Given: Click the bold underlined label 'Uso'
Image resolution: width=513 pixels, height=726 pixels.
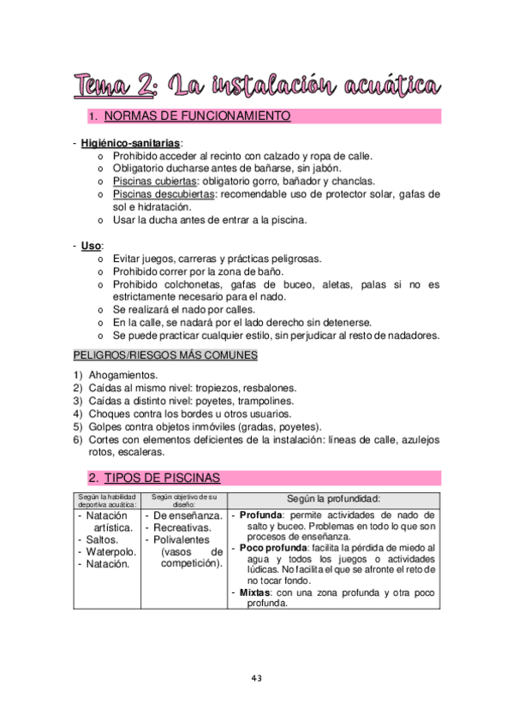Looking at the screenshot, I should click(90, 246).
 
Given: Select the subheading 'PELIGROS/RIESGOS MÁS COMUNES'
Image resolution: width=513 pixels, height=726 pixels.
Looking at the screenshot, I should click(165, 354).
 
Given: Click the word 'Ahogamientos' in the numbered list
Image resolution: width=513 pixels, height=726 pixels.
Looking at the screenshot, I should click(123, 375).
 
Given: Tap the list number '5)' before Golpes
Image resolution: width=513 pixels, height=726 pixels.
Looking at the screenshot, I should click(78, 426).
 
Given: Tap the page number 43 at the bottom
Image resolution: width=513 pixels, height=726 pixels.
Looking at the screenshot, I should click(256, 678).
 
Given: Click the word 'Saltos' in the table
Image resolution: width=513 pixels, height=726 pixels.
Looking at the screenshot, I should click(105, 540).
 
